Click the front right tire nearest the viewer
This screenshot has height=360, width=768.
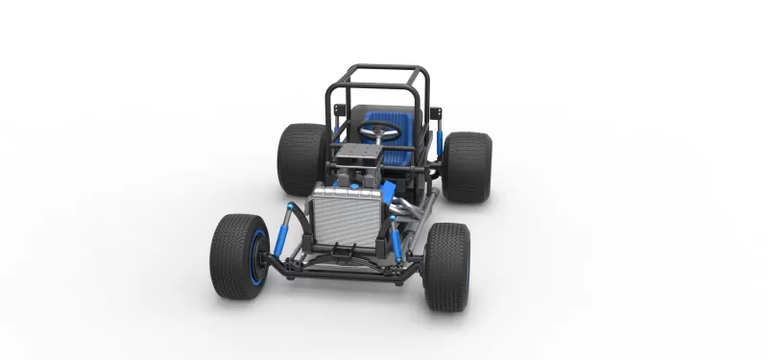(446, 267)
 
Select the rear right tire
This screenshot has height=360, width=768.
(467, 166)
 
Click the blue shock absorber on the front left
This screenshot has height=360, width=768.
(285, 233)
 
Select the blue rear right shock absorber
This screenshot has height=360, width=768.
(439, 140)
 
